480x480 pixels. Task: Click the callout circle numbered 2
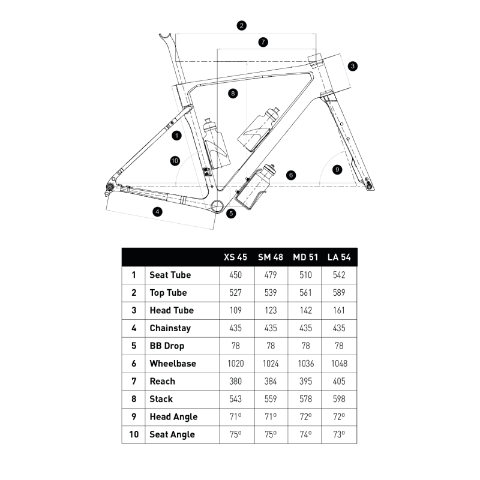click(x=241, y=25)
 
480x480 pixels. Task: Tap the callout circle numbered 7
click(x=263, y=42)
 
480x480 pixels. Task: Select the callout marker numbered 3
click(x=353, y=66)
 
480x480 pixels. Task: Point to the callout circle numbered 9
click(x=337, y=170)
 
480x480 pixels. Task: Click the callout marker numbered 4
click(x=158, y=211)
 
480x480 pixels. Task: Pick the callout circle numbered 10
click(x=175, y=161)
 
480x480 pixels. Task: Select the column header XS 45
click(x=236, y=257)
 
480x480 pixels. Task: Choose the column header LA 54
click(x=339, y=257)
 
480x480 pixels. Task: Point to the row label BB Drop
click(x=167, y=346)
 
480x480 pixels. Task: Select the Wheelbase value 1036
click(x=305, y=364)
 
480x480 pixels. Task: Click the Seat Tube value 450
click(x=236, y=275)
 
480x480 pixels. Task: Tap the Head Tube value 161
click(x=339, y=310)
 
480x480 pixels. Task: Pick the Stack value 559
click(x=271, y=399)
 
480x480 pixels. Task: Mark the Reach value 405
click(x=339, y=381)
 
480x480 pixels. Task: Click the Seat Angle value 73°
click(x=339, y=434)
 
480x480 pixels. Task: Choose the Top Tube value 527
click(x=236, y=293)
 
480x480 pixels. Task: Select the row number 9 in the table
click(x=133, y=416)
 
